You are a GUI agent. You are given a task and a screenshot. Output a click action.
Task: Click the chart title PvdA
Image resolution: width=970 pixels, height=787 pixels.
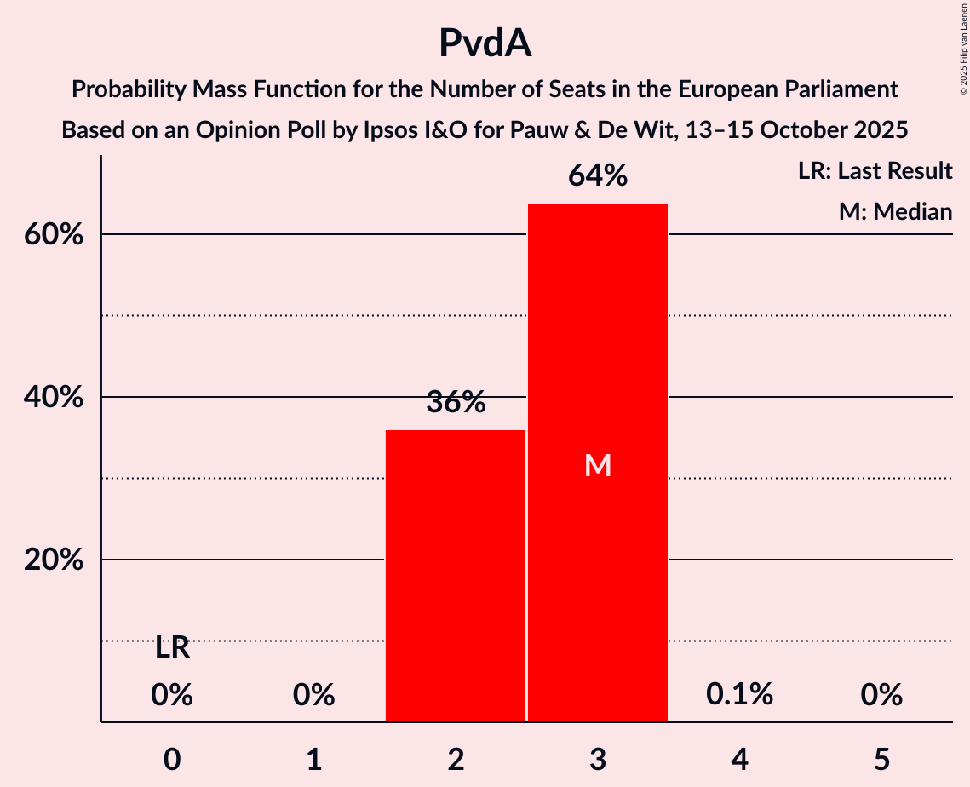(x=485, y=43)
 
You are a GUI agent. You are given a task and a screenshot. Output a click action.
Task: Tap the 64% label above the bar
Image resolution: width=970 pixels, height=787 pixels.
(x=598, y=176)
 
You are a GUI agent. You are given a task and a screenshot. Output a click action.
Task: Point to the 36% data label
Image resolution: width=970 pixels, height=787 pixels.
(x=456, y=403)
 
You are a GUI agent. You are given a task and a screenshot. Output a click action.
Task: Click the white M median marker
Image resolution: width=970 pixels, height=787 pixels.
(x=598, y=465)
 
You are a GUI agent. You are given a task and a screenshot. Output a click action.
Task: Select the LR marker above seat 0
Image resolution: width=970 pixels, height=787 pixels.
(x=172, y=648)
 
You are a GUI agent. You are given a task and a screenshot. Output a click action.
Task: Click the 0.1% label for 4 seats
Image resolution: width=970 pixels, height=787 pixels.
(x=739, y=694)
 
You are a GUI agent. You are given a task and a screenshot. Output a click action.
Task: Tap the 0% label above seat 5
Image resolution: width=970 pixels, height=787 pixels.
(x=881, y=695)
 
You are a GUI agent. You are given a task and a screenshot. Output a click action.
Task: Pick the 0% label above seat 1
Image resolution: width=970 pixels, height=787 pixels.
(x=313, y=695)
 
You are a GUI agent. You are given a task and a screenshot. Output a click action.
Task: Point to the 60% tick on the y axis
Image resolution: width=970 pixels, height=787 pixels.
(x=54, y=235)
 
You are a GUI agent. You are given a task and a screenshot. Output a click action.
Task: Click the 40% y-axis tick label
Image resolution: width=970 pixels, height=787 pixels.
(x=54, y=398)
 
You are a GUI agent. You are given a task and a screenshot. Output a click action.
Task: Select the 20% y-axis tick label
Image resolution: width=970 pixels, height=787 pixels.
(x=54, y=560)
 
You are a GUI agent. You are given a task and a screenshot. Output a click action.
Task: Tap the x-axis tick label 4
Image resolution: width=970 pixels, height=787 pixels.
(x=739, y=759)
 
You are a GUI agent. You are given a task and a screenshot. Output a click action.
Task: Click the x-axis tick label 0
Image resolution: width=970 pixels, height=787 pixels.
(x=172, y=759)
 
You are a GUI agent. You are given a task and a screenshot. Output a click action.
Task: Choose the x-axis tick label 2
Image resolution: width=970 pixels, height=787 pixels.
(x=456, y=759)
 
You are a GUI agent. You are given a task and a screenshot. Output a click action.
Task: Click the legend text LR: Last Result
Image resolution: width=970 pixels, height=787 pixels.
(x=875, y=171)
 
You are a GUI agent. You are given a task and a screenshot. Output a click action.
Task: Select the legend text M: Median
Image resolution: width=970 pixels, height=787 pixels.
(x=895, y=211)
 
